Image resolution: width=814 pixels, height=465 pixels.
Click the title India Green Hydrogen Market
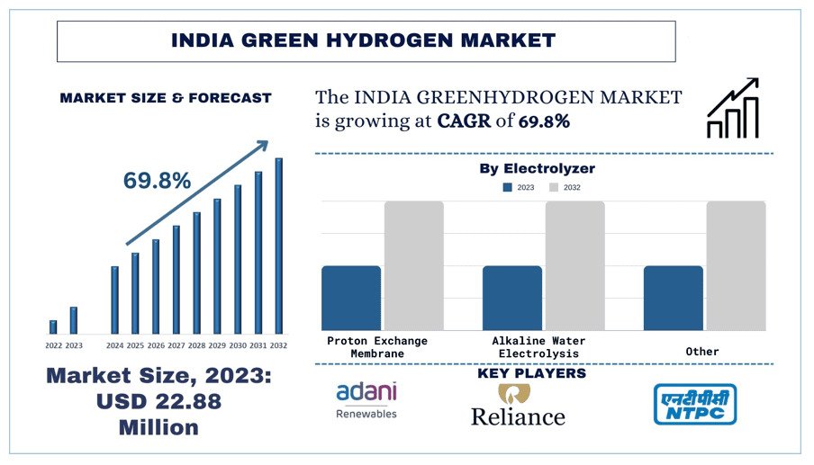click(364, 40)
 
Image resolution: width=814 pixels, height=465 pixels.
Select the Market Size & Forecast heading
click(166, 98)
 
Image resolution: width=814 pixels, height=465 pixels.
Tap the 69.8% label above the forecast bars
click(157, 181)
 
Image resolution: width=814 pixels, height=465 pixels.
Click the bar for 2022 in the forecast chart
click(53, 326)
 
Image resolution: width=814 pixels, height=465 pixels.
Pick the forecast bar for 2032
click(279, 246)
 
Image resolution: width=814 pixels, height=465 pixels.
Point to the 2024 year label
click(114, 345)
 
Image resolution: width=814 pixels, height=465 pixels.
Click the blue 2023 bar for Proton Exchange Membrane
click(351, 298)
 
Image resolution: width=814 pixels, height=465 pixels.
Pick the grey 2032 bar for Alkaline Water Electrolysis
click(574, 265)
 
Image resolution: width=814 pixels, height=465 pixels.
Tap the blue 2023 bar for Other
click(673, 298)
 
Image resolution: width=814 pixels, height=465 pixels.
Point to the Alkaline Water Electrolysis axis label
click(538, 347)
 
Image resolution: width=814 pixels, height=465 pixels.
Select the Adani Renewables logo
click(366, 401)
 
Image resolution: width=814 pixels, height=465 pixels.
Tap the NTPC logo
click(693, 404)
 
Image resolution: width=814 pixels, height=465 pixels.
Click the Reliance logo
click(518, 406)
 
